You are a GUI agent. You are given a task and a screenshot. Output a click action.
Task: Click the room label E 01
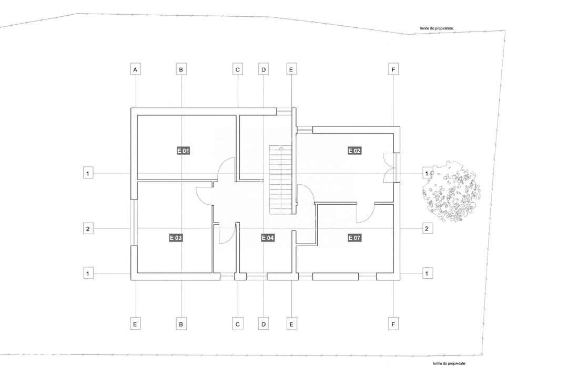[183, 151]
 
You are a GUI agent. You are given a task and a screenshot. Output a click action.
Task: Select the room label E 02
[355, 151]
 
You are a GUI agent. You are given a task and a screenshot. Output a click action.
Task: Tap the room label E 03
[176, 238]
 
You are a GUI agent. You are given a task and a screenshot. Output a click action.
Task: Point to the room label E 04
[268, 238]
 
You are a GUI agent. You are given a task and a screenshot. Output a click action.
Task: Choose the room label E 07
[355, 238]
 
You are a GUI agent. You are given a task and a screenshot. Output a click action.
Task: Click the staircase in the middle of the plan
[281, 180]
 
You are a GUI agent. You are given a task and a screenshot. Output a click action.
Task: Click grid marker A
[136, 69]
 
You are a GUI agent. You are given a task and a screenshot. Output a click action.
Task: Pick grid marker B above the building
[181, 69]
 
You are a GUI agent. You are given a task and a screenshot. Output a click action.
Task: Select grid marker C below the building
[238, 324]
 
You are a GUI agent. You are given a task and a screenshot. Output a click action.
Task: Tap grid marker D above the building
[263, 69]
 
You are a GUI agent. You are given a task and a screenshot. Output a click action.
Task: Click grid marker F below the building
[392, 324]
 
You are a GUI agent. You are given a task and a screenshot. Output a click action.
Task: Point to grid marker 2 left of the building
[88, 228]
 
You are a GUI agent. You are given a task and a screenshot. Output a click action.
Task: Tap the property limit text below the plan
[449, 363]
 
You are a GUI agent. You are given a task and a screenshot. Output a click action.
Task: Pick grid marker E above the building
[291, 69]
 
